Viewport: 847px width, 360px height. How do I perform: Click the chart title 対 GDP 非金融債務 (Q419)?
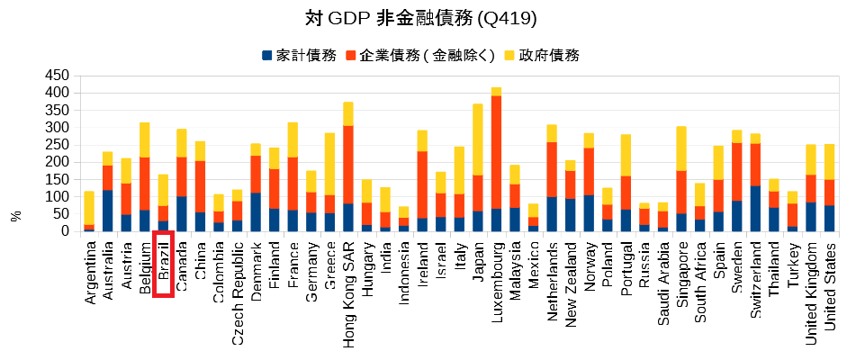point(423,18)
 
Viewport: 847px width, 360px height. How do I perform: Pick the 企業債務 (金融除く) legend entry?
point(419,56)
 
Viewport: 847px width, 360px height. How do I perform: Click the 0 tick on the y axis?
point(64,231)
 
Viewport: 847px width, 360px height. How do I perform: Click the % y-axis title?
point(15,216)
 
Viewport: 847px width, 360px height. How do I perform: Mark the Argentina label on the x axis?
point(89,271)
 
